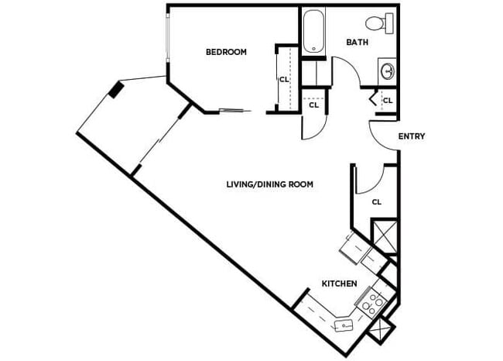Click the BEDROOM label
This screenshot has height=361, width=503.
click(x=226, y=53)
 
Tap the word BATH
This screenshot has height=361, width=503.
click(x=357, y=42)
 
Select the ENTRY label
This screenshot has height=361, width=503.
click(x=411, y=136)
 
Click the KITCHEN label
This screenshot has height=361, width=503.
click(x=340, y=284)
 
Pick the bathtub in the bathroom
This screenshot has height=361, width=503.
click(x=313, y=31)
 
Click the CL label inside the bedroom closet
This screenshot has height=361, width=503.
click(x=284, y=78)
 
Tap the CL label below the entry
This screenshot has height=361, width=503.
click(x=377, y=201)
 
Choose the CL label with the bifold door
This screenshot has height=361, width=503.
click(x=387, y=101)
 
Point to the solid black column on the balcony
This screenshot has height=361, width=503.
click(x=115, y=90)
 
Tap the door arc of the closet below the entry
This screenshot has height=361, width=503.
click(x=371, y=179)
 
